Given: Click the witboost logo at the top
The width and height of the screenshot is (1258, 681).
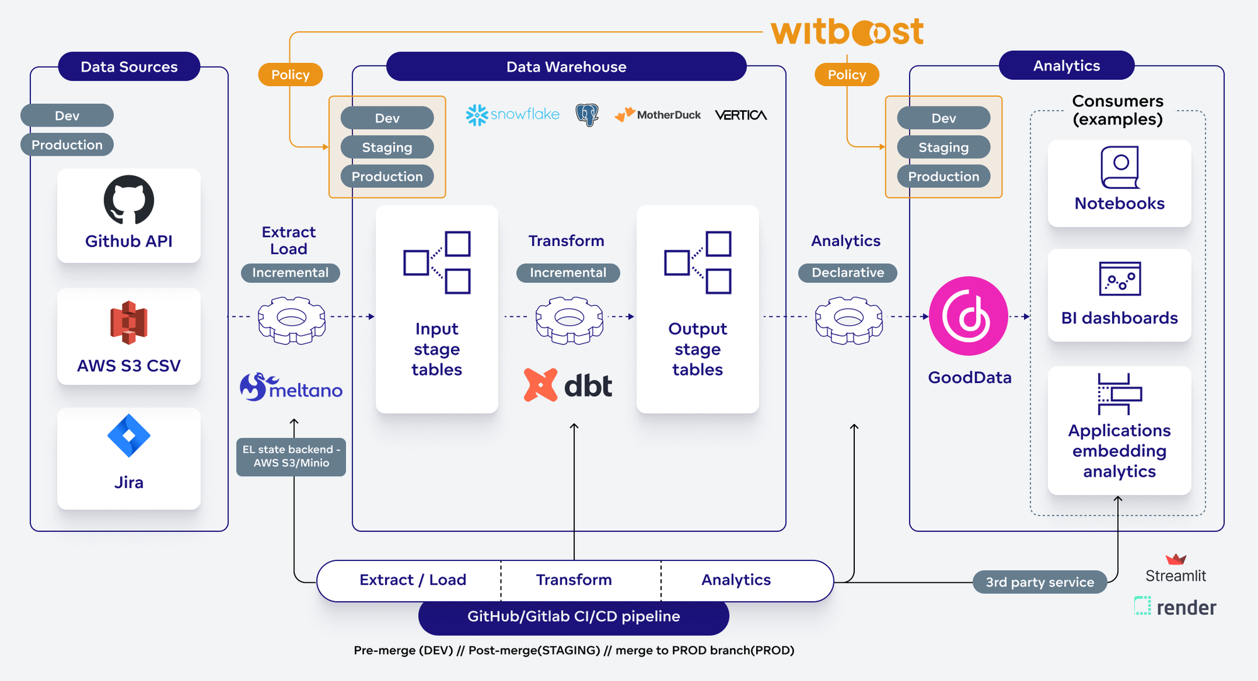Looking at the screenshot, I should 847,31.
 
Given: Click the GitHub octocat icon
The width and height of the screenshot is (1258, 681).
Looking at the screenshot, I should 129,200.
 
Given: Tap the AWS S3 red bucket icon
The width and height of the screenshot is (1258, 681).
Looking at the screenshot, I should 129,323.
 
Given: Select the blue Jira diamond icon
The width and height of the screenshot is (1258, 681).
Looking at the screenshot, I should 129,436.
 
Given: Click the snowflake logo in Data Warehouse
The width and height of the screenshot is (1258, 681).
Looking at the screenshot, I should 513,114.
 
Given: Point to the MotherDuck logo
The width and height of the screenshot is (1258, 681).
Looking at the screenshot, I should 658,114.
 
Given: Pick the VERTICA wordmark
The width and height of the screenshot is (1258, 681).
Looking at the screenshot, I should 741,115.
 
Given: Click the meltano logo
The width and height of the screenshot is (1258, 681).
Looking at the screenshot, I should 291,388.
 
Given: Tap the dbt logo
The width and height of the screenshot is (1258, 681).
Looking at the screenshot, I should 568,385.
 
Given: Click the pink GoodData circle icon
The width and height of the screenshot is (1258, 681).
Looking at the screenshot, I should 969,316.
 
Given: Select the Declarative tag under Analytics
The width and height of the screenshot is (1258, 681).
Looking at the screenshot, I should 847,273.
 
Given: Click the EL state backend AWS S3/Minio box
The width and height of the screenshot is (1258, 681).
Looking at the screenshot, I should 291,457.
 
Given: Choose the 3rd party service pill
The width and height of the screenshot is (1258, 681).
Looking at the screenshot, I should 1040,582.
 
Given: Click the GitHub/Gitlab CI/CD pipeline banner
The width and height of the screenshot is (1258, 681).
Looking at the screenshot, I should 574,617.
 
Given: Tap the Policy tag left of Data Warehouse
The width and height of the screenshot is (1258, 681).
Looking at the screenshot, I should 291,75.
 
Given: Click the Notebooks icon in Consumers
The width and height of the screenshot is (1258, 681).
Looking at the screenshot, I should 1120,167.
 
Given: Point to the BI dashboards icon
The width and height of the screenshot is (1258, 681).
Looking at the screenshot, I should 1120,279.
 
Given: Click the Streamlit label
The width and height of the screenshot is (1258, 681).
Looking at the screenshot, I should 1176,575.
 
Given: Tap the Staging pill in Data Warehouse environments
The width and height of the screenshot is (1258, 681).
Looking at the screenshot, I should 387,148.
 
